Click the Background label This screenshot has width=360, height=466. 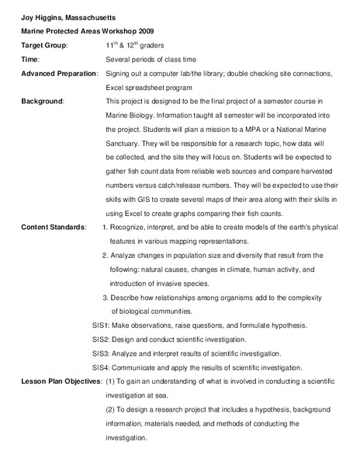click(x=43, y=101)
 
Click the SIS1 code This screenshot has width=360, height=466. click(x=102, y=325)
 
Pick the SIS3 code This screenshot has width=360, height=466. click(x=102, y=353)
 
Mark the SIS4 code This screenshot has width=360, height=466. click(x=102, y=367)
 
